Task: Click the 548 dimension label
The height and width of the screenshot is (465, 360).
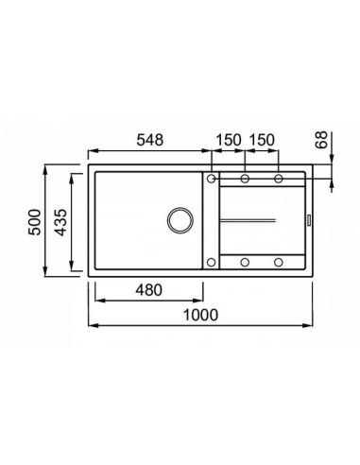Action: (x=150, y=140)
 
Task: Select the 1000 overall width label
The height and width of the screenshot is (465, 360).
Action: (x=200, y=315)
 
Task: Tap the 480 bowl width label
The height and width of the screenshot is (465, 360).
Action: (x=148, y=290)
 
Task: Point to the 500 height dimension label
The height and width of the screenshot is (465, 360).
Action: (x=35, y=222)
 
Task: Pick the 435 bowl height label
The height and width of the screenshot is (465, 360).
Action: (x=60, y=222)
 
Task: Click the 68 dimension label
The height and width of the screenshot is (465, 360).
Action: (x=321, y=140)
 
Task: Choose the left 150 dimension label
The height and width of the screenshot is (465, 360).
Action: (x=229, y=140)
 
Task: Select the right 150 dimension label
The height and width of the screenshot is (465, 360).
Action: (x=262, y=140)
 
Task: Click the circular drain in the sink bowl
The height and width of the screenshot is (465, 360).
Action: (x=180, y=220)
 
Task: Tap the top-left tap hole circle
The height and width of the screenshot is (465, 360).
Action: (x=212, y=179)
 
